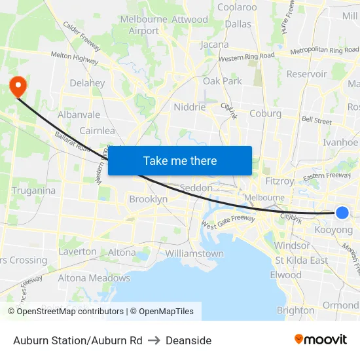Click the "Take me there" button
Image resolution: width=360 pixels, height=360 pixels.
tap(180, 160)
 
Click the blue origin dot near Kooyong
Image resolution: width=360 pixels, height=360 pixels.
tap(342, 212)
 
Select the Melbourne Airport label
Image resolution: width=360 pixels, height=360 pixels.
tap(144, 25)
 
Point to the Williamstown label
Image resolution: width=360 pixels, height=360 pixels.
tap(194, 253)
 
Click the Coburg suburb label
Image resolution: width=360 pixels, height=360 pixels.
tap(265, 113)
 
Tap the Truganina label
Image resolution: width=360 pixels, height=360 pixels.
tap(33, 190)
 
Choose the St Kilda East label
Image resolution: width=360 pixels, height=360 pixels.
tap(301, 261)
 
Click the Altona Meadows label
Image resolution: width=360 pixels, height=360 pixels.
tap(94, 278)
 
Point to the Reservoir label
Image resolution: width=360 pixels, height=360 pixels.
tap(306, 74)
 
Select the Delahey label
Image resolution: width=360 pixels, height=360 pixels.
tap(87, 83)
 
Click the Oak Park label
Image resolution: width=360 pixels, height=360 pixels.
tap(223, 81)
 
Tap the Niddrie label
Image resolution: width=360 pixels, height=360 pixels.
tap(190, 107)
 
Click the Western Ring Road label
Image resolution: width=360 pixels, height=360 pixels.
tap(247, 57)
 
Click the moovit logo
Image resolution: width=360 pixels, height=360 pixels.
tap(320, 340)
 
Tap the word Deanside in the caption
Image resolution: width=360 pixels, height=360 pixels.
tap(189, 340)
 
